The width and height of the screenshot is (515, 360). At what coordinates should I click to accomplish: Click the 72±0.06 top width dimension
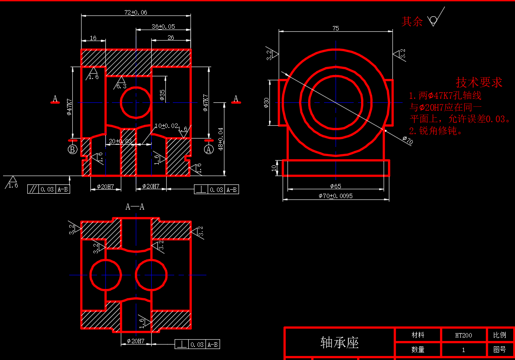[136, 12]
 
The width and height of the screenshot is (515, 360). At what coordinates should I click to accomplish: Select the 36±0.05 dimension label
[163, 26]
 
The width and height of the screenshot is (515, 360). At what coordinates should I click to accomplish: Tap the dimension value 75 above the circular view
[336, 28]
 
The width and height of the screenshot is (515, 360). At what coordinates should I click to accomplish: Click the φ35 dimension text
[163, 94]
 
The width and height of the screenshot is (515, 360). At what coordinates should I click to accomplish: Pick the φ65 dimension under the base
[336, 186]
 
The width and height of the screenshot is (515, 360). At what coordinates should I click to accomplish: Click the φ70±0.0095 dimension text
[336, 196]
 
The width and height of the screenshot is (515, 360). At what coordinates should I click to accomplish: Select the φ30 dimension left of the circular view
[266, 102]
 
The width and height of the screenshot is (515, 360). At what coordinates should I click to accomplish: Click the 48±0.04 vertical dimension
[220, 139]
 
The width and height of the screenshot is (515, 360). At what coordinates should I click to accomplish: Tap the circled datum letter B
[73, 150]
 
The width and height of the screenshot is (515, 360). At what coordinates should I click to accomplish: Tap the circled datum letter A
[209, 150]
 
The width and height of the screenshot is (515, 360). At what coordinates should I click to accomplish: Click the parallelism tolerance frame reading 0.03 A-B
[49, 189]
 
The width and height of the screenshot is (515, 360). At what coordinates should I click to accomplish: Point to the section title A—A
[135, 206]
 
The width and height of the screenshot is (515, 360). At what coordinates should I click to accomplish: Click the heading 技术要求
[479, 82]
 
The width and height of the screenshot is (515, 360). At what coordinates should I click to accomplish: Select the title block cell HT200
[463, 335]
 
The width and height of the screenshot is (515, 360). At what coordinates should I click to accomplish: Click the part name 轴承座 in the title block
[340, 342]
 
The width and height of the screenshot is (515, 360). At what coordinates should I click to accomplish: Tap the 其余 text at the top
[412, 21]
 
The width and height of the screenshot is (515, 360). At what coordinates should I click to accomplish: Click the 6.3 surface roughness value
[121, 86]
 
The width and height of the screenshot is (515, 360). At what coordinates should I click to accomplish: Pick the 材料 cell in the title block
[418, 335]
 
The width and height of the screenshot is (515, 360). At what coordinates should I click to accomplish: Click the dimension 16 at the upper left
[93, 38]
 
